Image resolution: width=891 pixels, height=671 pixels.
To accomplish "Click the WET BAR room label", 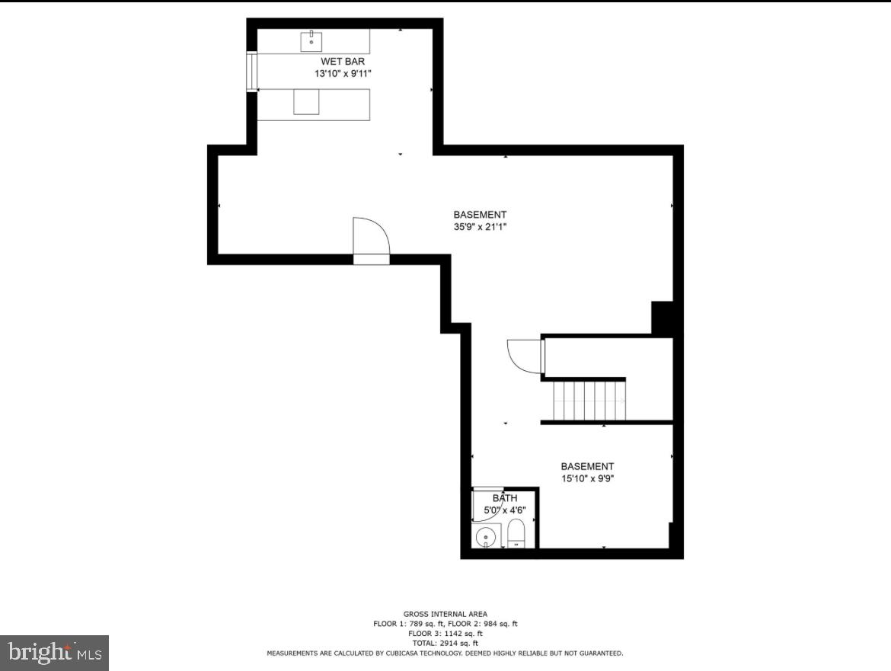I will click(x=342, y=61).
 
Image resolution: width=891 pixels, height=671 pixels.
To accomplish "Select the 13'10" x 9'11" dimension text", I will click(x=342, y=74).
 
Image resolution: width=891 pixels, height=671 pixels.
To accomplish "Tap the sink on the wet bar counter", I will click(x=311, y=40).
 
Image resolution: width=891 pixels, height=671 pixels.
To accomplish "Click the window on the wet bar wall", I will click(x=251, y=72).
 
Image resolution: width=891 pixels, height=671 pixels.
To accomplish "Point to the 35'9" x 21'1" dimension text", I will click(x=480, y=226).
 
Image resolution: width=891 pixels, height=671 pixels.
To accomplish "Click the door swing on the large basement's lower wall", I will click(x=371, y=236).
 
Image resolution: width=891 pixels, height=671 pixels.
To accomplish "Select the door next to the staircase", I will click(x=525, y=356).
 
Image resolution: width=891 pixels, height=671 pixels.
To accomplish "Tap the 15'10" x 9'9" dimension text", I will click(x=587, y=479).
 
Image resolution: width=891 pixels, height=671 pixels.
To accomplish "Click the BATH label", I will click(x=503, y=499).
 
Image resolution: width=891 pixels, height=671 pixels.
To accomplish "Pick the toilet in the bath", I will click(x=516, y=532).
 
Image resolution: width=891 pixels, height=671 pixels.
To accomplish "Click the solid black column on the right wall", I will click(x=663, y=318).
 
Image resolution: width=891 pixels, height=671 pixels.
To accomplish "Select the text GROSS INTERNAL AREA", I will click(x=445, y=614).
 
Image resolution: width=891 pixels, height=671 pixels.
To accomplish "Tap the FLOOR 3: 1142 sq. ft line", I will click(x=445, y=634).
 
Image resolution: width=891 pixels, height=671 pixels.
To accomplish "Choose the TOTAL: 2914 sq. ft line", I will click(x=445, y=644).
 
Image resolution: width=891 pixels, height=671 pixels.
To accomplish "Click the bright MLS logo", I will click(x=54, y=653).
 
